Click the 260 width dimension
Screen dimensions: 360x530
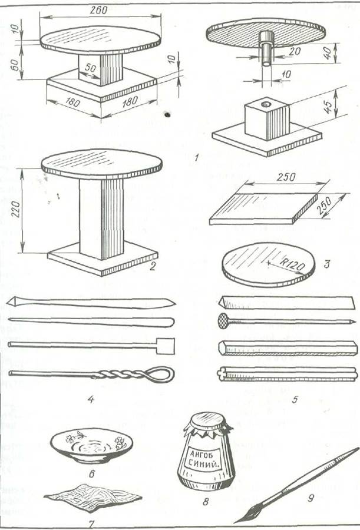tap(99, 11)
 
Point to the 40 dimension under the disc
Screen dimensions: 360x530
tap(327, 53)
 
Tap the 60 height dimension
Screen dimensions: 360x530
tap(15, 64)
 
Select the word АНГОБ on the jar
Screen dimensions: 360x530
tap(202, 452)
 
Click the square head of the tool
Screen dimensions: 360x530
tap(166, 346)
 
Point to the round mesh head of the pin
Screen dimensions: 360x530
tap(223, 321)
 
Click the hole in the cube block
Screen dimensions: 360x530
tap(266, 104)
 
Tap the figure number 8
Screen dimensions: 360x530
tap(206, 502)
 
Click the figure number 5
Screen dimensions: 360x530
tap(295, 399)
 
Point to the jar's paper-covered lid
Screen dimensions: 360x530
tap(207, 423)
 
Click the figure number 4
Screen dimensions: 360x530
tap(91, 399)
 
